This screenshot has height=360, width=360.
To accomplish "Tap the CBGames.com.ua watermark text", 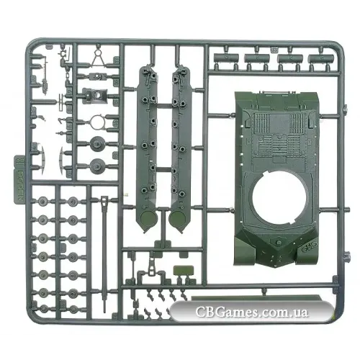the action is [x=251, y=312].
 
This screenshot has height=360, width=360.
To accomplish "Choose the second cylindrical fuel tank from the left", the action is [x=257, y=58].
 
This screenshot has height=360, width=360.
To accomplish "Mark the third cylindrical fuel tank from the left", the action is [x=290, y=58].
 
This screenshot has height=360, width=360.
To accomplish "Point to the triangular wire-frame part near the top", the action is [x=98, y=59].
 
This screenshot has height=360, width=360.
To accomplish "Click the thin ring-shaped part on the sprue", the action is [x=98, y=122].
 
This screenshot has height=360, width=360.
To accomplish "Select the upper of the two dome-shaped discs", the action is [x=98, y=143].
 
